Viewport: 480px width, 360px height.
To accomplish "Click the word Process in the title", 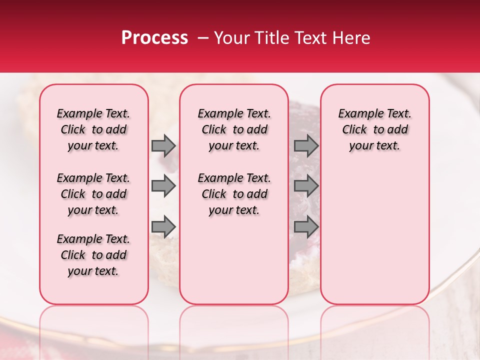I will (154, 38).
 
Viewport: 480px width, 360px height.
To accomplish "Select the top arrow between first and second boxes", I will (163, 145).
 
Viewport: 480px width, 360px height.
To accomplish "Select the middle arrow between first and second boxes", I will (163, 186).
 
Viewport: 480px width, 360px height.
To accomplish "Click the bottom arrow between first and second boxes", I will (163, 226).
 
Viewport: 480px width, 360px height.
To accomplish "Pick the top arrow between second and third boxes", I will (306, 145).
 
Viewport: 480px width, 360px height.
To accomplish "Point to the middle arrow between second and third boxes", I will (306, 186).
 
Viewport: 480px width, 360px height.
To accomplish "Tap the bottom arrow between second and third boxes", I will (306, 226).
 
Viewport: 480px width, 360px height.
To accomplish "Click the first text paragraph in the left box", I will (93, 129).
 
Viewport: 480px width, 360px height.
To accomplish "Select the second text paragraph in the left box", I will (93, 194).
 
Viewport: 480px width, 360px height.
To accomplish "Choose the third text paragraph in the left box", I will (93, 255).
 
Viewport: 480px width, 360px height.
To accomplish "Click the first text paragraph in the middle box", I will (234, 129).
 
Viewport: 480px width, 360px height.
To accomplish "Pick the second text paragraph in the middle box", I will (234, 194).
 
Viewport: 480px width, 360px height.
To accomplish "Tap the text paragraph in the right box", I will (374, 129).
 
